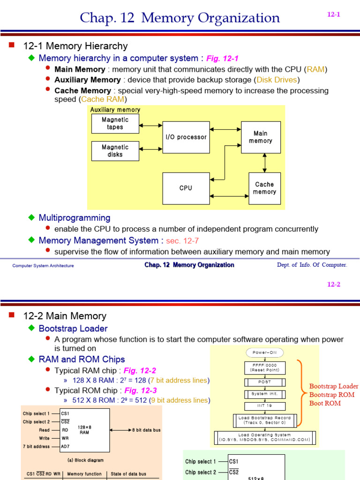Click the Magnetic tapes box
click(x=115, y=123)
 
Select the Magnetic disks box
click(x=115, y=151)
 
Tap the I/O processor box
click(x=186, y=137)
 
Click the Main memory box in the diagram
click(x=261, y=137)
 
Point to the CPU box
click(x=186, y=188)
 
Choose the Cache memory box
click(x=264, y=188)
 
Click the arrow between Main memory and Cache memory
click(x=265, y=163)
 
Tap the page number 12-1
click(x=333, y=15)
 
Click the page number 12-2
click(x=333, y=285)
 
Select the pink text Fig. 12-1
click(x=223, y=59)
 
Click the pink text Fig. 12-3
click(x=140, y=390)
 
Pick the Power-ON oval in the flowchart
click(x=265, y=352)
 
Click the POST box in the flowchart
click(x=265, y=382)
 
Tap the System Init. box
click(x=265, y=394)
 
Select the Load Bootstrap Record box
click(x=265, y=420)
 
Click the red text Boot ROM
click(x=324, y=403)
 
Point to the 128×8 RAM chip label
click(x=84, y=430)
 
